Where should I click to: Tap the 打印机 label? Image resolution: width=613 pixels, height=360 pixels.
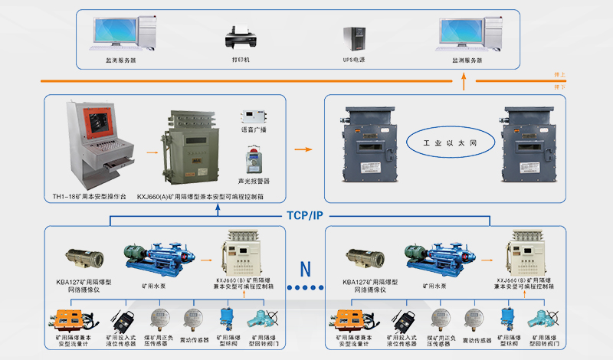tap(241, 59)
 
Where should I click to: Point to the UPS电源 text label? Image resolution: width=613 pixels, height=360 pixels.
tap(354, 59)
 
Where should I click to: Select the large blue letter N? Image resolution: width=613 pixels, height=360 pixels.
tap(306, 269)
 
